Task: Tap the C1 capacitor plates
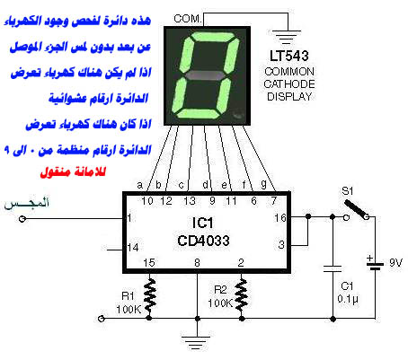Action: [x=333, y=268]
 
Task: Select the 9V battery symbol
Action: [x=375, y=266]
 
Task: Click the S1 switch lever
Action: [x=356, y=208]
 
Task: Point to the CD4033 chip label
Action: [x=203, y=241]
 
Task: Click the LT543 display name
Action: [x=289, y=56]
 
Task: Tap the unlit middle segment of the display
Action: [x=205, y=75]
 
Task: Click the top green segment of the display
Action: [x=213, y=37]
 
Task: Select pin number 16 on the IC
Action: [x=280, y=218]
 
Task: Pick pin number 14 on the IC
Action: [x=133, y=248]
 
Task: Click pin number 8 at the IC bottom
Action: [x=197, y=263]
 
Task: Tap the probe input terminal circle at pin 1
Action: [x=22, y=219]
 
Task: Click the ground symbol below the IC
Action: [x=197, y=342]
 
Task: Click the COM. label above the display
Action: [x=188, y=19]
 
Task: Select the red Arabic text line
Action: [x=73, y=172]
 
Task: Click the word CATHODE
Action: [x=289, y=84]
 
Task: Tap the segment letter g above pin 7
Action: [x=263, y=184]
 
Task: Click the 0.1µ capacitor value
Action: [x=348, y=299]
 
